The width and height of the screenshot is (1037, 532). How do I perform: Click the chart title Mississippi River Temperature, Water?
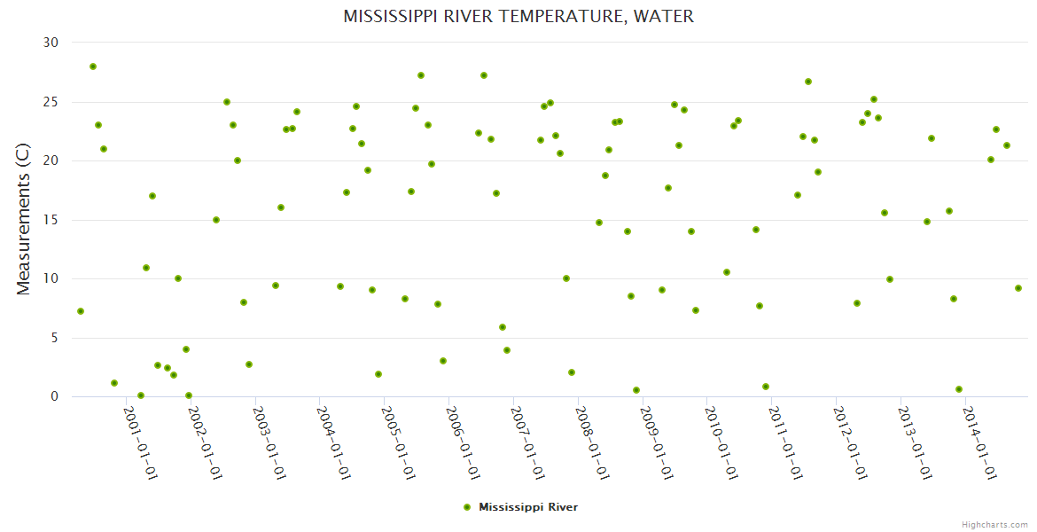coord(518,17)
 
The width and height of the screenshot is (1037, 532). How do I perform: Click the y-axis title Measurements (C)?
coord(24,220)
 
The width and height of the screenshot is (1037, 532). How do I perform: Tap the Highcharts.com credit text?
coord(994,525)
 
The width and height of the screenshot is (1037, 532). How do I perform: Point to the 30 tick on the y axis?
coord(51,43)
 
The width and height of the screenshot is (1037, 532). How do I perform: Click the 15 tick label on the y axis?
coord(51,220)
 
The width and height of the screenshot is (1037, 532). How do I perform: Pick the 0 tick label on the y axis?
coord(54,397)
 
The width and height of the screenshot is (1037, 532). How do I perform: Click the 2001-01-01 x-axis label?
coord(140,442)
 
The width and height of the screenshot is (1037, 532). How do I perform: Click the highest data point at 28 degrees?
coord(93,66)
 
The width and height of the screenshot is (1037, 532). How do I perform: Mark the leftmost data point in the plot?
coord(81,311)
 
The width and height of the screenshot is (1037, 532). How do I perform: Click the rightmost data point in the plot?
coord(1018,288)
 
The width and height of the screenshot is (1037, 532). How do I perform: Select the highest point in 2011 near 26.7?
coord(808,82)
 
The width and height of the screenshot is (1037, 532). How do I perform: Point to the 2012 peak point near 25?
coord(874,99)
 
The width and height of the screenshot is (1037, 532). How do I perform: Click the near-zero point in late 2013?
coord(959,389)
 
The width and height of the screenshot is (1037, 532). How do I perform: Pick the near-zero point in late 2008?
coord(636,390)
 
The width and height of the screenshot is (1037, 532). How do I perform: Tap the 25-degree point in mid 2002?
coord(227,102)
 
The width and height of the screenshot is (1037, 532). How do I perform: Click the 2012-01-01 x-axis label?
coord(852,442)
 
